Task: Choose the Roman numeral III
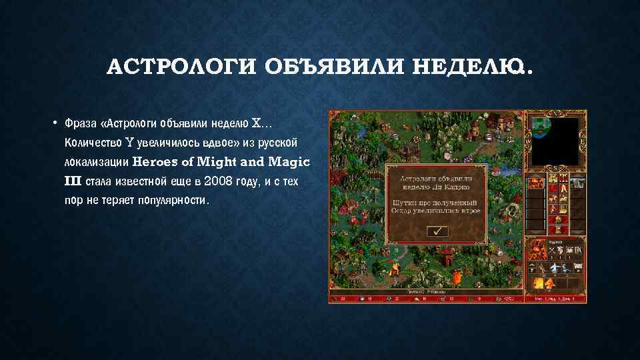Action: click(x=73, y=181)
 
